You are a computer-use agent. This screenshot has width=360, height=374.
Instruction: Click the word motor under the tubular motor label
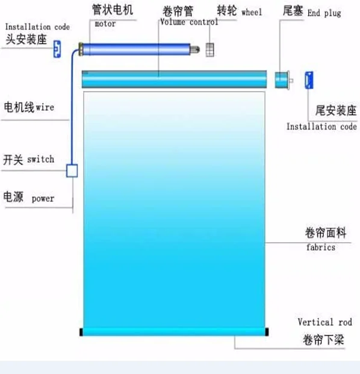click(105, 23)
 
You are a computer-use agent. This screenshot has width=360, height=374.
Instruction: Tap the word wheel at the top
click(252, 12)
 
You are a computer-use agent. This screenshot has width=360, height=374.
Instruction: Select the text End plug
click(324, 13)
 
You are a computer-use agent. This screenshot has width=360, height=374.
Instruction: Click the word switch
click(40, 159)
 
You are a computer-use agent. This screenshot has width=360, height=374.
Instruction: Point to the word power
click(43, 199)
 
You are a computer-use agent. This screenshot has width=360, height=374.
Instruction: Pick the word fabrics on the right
click(321, 248)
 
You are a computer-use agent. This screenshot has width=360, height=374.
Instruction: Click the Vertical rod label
click(324, 322)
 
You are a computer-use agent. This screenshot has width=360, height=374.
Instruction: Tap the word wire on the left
click(45, 107)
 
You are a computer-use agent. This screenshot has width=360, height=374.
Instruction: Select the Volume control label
click(189, 22)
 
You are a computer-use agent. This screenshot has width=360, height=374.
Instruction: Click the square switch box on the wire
click(72, 170)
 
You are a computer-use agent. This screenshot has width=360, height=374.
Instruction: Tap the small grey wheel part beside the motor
click(210, 50)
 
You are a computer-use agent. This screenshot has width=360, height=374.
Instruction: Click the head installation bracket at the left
click(57, 49)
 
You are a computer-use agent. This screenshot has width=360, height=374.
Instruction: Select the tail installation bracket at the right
click(309, 80)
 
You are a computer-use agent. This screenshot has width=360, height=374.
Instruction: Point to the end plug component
click(284, 80)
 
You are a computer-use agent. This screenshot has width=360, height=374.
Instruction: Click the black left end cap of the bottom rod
click(81, 332)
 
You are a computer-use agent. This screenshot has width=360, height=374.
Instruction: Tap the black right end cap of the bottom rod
click(267, 332)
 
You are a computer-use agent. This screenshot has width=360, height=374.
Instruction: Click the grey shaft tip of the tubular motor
click(195, 49)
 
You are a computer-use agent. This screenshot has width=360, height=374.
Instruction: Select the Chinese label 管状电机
click(113, 10)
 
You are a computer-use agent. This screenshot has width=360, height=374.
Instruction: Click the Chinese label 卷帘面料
click(326, 232)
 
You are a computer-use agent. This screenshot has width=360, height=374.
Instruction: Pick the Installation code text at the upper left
click(37, 27)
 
